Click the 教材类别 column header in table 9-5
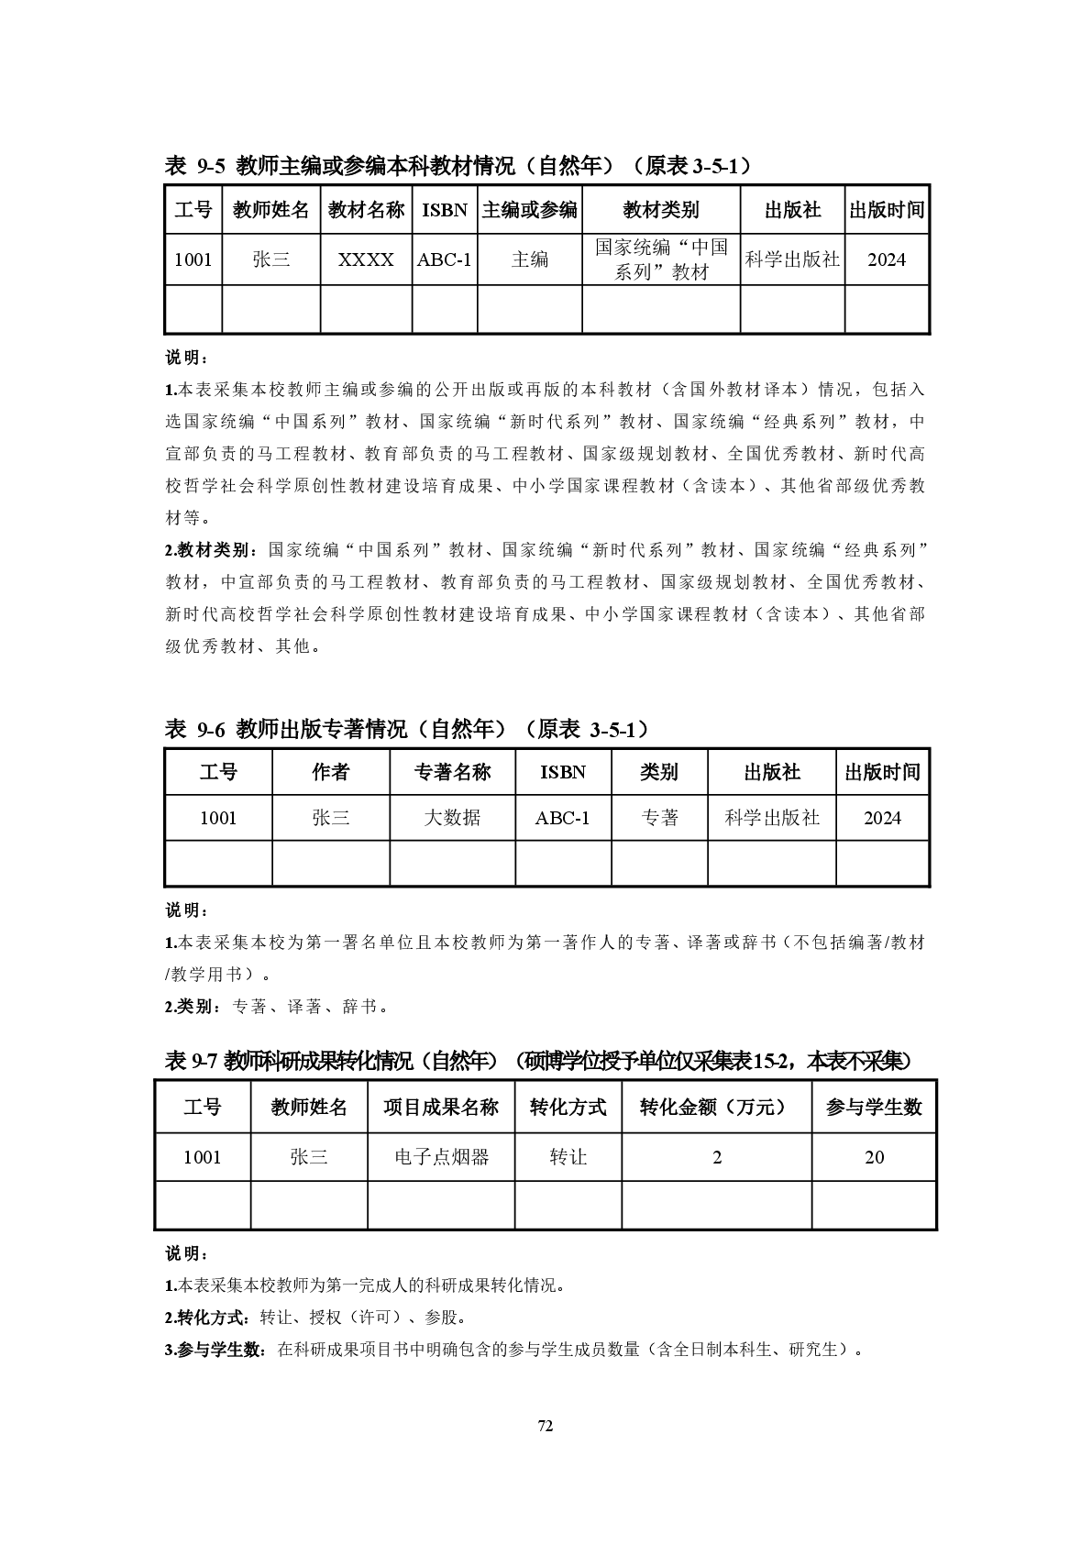(660, 210)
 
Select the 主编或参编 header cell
(529, 210)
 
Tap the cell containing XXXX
(366, 259)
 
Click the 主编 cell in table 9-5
(529, 259)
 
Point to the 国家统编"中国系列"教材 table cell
(660, 259)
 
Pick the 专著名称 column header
(452, 772)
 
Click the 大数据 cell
(452, 818)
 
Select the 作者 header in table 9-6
(330, 772)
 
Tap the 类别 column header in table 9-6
(658, 772)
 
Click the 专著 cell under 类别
(658, 818)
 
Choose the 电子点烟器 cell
(441, 1157)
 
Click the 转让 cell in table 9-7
(568, 1157)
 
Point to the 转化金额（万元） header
(716, 1108)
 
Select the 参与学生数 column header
(873, 1108)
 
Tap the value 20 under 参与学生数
(874, 1157)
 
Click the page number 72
(546, 1426)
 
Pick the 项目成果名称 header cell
(441, 1108)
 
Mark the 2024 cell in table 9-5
(886, 259)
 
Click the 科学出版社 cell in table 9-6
(771, 818)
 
